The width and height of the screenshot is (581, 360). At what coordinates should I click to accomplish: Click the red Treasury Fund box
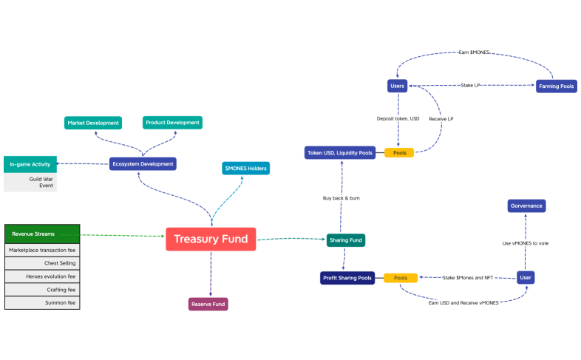click(211, 239)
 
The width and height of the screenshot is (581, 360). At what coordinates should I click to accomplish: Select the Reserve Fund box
click(208, 303)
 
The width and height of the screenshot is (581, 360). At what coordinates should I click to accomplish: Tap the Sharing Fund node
click(346, 240)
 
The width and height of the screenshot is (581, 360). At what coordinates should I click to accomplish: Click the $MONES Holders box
click(246, 168)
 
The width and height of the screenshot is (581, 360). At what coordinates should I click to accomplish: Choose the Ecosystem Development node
click(143, 163)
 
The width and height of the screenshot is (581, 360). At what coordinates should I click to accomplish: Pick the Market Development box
click(92, 122)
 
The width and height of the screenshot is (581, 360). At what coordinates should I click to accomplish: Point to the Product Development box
click(172, 122)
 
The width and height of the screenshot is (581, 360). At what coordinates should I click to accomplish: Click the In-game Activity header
click(30, 164)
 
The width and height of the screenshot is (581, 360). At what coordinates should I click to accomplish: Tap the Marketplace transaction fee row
click(42, 250)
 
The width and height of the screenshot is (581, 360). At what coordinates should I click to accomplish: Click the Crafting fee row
click(42, 289)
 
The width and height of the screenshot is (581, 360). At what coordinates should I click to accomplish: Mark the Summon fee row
click(42, 302)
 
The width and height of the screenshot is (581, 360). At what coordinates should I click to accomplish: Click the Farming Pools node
click(557, 86)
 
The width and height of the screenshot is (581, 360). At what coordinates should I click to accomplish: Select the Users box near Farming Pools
click(397, 86)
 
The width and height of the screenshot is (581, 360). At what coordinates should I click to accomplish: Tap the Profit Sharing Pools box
click(347, 278)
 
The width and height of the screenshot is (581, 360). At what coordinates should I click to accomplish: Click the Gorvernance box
click(526, 206)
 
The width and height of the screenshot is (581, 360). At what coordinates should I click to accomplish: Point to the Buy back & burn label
click(342, 198)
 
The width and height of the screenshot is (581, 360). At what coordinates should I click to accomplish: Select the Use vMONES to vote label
click(526, 243)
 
